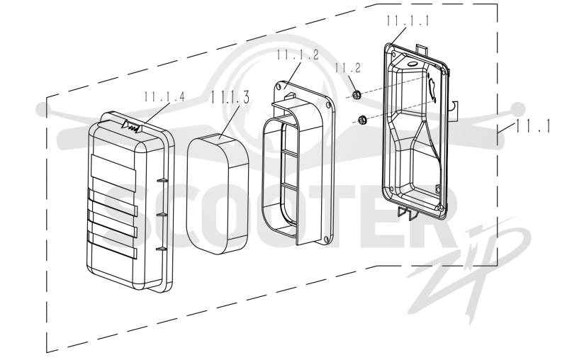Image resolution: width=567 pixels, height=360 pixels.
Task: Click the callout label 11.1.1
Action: click(408, 21)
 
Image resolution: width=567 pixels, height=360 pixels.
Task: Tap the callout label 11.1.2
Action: click(298, 55)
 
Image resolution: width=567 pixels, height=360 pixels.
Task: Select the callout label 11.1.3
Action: click(230, 97)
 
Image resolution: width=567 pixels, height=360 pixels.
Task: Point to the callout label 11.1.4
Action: click(164, 96)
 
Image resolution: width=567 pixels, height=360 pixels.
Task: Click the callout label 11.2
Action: click(347, 67)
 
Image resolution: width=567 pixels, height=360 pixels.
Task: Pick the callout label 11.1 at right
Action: click(533, 125)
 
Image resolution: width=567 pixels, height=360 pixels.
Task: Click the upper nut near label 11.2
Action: click(356, 95)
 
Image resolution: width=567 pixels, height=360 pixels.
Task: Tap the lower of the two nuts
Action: click(361, 119)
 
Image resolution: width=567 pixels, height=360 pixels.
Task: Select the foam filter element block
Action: click(218, 193)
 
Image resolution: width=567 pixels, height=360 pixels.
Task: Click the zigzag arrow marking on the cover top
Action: click(132, 125)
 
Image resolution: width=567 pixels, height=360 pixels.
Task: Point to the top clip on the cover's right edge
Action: click(162, 180)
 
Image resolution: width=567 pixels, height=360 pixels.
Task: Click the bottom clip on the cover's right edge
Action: click(162, 249)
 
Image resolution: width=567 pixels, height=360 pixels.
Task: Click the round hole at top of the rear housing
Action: click(412, 64)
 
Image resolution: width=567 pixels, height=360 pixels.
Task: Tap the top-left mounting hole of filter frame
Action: click(278, 86)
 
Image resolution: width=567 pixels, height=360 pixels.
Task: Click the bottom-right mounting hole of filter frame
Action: click(327, 239)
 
